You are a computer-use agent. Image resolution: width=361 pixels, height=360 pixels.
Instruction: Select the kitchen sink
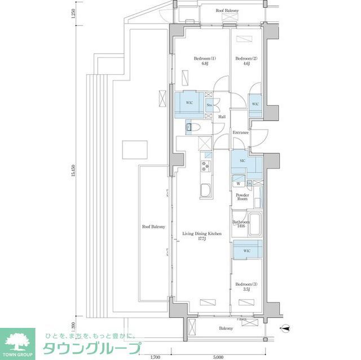pos(205,190)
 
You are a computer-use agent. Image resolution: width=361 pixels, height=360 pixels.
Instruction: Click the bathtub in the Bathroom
pos(254,224)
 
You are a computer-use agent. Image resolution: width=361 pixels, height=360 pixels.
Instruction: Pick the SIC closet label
pos(241,161)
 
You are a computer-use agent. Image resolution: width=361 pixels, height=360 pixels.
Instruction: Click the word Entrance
pos(241,133)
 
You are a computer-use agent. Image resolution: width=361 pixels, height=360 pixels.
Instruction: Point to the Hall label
pos(222,117)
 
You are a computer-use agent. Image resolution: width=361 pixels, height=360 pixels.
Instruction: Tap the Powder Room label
pos(242,197)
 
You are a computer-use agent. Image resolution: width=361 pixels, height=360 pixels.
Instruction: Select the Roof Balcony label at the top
pos(227,11)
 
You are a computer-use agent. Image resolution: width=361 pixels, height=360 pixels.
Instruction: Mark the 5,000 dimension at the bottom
pos(219,357)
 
